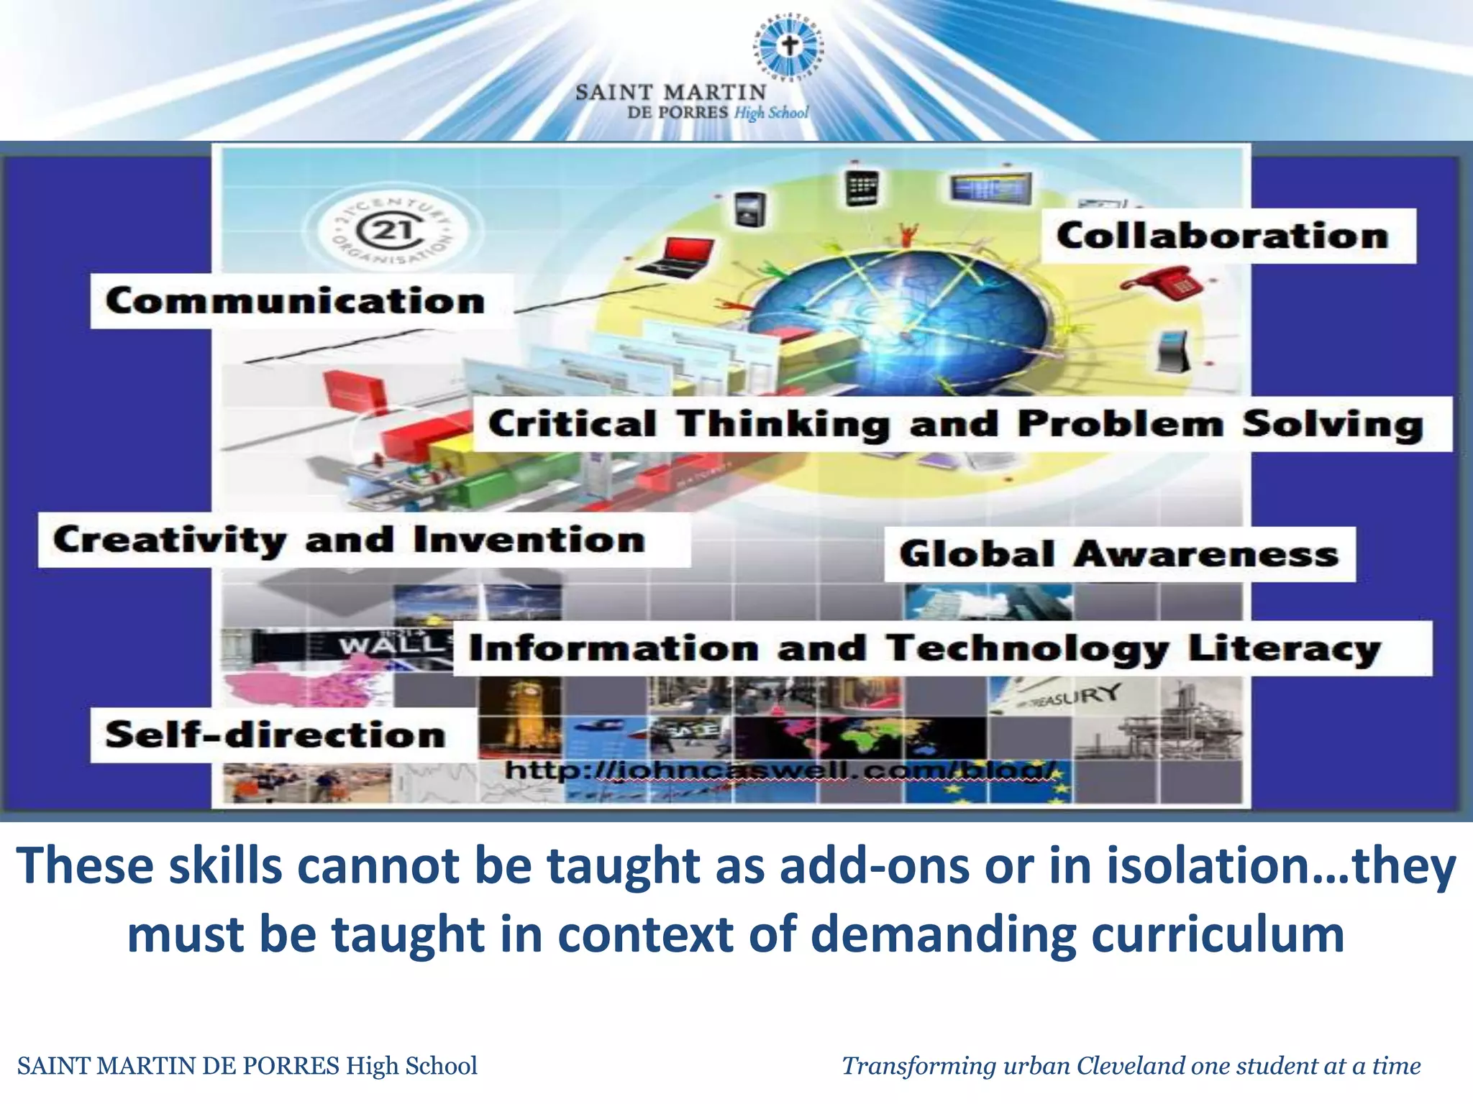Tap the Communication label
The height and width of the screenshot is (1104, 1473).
[x=295, y=300]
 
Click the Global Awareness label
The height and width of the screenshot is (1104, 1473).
[x=1118, y=554]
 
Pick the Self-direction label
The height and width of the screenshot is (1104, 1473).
[x=275, y=735]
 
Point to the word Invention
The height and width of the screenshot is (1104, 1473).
[x=529, y=540]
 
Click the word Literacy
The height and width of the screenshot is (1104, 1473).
[x=1284, y=648]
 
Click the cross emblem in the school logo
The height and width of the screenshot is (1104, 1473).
[x=790, y=47]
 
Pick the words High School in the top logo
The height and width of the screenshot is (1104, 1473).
[x=771, y=113]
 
